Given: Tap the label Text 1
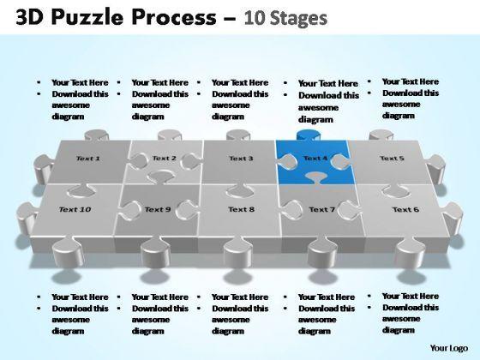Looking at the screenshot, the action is pos(87,159).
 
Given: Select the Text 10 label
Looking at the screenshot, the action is pos(75,209).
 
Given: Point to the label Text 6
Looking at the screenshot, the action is pos(405,209).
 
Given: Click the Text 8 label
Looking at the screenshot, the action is pos(241,209).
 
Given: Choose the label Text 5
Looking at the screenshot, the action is pos(392,159).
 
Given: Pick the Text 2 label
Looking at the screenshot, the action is pos(165,158).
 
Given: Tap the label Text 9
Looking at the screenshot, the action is pos(158,209).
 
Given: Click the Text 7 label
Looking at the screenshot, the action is pos(321,209).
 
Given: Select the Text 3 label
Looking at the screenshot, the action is pos(241,159).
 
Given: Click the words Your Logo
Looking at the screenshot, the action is pos(449,348).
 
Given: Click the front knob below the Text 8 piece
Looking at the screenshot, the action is pos(238,253).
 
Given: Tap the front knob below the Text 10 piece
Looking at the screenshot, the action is pos(68,253).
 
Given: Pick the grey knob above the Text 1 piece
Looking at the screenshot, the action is pos(96,135).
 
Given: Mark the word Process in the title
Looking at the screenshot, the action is pos(174,17).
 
